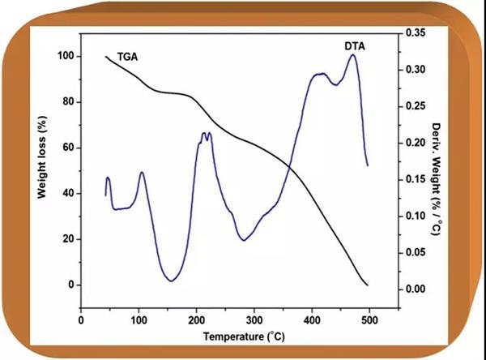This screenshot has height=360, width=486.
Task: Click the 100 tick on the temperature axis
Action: [139, 317]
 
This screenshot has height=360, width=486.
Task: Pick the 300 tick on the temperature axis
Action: [254, 317]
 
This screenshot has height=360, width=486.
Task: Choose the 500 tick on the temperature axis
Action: [370, 317]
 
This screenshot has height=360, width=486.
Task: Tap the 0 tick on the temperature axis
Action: [81, 317]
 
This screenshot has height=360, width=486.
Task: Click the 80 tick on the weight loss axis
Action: [65, 102]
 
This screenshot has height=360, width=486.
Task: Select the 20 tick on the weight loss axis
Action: [65, 239]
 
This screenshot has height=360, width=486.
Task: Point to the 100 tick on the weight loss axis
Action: [62, 57]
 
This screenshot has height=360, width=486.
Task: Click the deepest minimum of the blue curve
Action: [171, 281]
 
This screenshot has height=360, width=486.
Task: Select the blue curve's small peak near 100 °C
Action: [142, 172]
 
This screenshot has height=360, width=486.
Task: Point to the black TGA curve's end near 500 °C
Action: [368, 285]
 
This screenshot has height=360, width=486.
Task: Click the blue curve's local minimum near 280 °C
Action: [243, 240]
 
